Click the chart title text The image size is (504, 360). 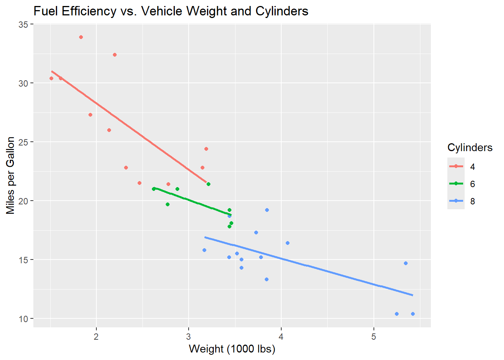(171, 11)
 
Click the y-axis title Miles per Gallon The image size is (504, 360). (10, 175)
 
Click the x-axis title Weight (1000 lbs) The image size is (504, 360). (232, 349)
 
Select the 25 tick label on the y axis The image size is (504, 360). (24, 142)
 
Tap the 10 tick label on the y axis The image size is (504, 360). (24, 319)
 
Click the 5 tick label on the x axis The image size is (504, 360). (374, 337)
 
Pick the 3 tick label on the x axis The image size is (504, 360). (189, 337)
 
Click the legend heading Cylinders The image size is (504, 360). (470, 148)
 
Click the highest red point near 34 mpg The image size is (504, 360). (81, 37)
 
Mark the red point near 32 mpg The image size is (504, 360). (115, 55)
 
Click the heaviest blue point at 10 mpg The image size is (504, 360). (413, 314)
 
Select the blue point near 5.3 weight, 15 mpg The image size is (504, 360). (406, 263)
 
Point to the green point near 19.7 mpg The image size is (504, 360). (168, 204)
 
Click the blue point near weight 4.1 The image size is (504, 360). (288, 243)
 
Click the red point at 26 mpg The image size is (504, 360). (109, 130)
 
